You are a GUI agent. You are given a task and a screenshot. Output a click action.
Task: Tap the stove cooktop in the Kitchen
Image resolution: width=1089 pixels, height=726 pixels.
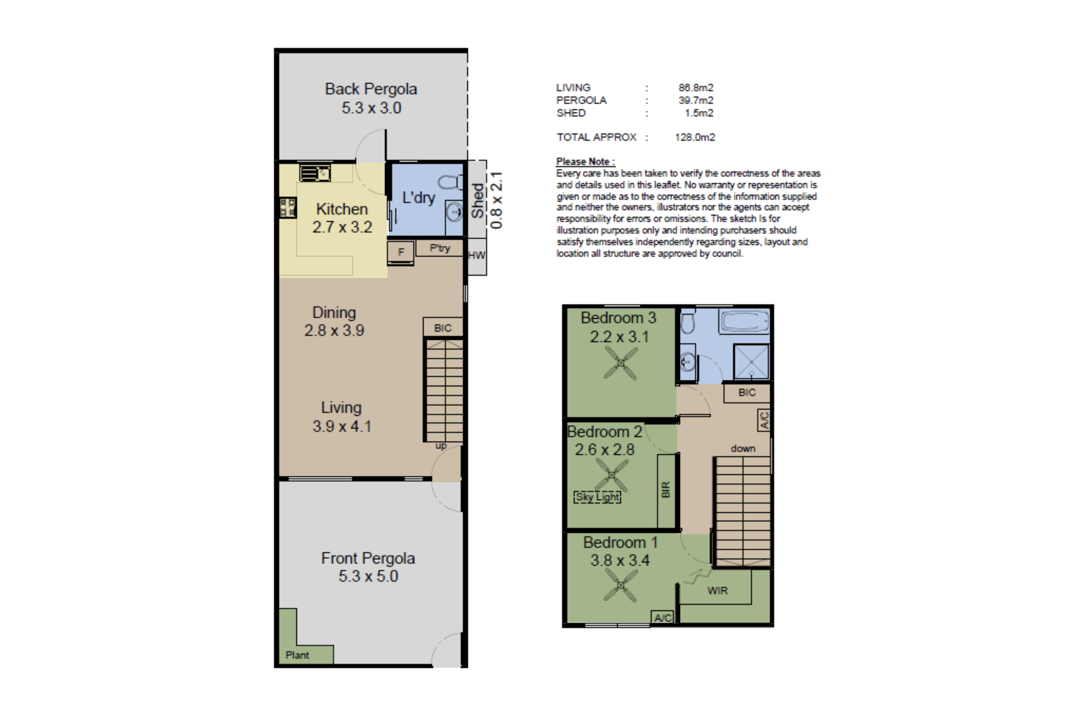pos(288,207)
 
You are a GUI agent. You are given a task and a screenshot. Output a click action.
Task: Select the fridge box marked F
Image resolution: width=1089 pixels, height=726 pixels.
pos(401,252)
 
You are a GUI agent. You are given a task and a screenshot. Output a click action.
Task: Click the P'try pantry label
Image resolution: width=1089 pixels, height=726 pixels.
pos(439,248)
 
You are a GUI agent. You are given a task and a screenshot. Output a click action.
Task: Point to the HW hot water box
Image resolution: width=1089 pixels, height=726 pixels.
pos(477,256)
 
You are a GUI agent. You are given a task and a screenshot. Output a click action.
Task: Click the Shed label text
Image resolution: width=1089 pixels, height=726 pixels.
pos(477,200)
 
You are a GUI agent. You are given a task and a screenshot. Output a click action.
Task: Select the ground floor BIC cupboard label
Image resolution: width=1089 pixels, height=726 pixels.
pos(443,328)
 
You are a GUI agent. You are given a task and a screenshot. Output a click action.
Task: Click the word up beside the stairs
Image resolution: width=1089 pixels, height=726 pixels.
pos(441,446)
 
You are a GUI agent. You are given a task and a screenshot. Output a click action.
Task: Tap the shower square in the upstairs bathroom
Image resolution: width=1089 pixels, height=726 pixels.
pos(751,362)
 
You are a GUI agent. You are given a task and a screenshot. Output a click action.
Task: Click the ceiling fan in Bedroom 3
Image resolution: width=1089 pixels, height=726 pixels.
pos(621,363)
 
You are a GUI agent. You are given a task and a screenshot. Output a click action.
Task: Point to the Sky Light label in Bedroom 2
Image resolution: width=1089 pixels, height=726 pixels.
pos(597,497)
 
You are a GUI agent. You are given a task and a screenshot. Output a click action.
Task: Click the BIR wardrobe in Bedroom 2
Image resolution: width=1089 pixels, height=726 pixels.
pos(666,490)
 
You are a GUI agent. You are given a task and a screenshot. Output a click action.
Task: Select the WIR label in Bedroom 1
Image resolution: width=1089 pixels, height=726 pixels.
pos(717,591)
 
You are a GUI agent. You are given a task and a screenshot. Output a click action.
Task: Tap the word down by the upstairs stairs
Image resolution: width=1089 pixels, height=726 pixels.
pos(743,448)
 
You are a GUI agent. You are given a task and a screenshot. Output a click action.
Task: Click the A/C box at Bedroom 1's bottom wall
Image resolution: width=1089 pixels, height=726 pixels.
pos(663,618)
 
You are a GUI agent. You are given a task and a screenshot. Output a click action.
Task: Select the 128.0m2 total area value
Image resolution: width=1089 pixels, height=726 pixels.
pos(695,137)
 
